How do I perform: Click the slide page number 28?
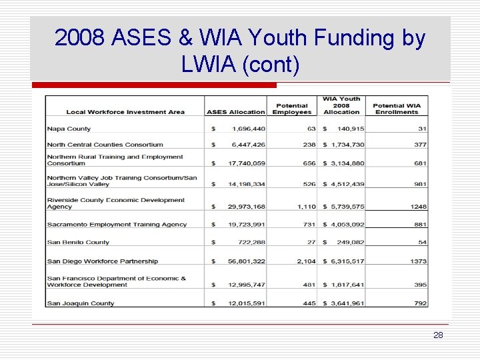[437, 335]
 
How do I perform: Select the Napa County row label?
[69, 129]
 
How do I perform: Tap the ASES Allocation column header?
[235, 112]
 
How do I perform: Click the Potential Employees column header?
[291, 109]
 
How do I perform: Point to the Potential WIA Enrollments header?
[397, 109]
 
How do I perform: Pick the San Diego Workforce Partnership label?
[103, 261]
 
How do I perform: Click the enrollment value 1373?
[419, 261]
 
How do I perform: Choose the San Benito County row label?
[78, 243]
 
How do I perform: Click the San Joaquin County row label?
[81, 303]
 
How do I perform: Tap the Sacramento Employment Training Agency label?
[117, 225]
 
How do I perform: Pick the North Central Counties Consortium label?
[105, 145]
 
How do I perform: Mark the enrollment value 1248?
[419, 207]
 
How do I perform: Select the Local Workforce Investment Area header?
[125, 112]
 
